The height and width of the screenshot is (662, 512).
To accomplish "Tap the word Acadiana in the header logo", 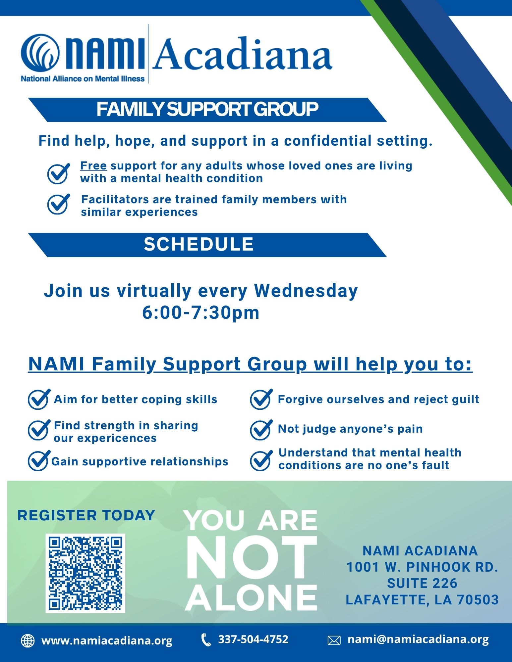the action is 242,54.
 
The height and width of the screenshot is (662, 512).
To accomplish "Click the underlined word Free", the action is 93,165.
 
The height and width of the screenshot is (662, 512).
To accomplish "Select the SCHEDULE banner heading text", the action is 199,244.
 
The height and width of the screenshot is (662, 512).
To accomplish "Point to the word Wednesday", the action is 306,291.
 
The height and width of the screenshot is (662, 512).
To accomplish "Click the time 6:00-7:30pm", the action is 201,313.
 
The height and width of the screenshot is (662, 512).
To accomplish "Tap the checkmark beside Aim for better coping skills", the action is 39,399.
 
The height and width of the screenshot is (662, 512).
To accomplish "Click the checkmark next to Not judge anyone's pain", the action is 261,430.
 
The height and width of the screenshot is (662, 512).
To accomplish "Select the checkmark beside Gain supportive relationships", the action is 39,460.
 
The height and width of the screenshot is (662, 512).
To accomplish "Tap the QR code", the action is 85,573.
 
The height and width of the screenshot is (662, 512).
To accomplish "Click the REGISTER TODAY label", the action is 86,515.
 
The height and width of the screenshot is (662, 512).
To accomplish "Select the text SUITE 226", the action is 422,583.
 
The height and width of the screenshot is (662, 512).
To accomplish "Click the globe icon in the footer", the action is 28,640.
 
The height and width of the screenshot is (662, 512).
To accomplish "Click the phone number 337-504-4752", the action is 253,639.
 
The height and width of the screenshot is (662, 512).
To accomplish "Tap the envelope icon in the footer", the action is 334,640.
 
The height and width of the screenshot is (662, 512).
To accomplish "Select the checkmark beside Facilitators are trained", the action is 59,204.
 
